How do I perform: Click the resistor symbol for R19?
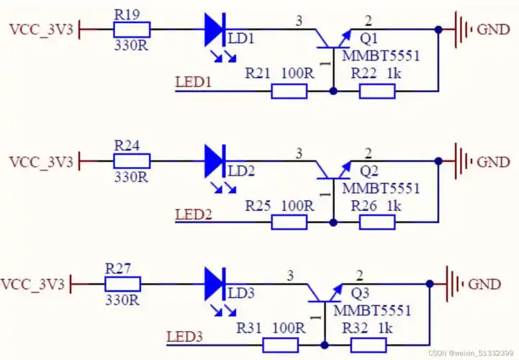pyautogui.click(x=132, y=30)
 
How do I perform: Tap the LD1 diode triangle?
pyautogui.click(x=214, y=30)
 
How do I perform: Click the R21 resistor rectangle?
pyautogui.click(x=289, y=91)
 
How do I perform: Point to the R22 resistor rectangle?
pyautogui.click(x=377, y=91)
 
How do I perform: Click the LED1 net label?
pyautogui.click(x=194, y=82)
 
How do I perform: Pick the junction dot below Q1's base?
pyautogui.click(x=333, y=91)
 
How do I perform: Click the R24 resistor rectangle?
pyautogui.click(x=132, y=161)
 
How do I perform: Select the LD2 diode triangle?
pyautogui.click(x=214, y=161)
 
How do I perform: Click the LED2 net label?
pyautogui.click(x=194, y=215)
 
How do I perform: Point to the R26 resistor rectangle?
pyautogui.click(x=377, y=222)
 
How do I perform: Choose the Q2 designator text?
pyautogui.click(x=369, y=171)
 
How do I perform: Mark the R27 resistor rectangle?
pyautogui.click(x=123, y=284)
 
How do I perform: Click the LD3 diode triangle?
pyautogui.click(x=214, y=284)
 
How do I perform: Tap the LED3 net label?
pyautogui.click(x=185, y=337)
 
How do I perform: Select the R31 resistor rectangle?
pyautogui.click(x=280, y=345)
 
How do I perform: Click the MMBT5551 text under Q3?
pyautogui.click(x=372, y=310)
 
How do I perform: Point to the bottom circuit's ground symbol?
pyautogui.click(x=454, y=284)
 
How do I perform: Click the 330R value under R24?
pyautogui.click(x=131, y=178)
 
